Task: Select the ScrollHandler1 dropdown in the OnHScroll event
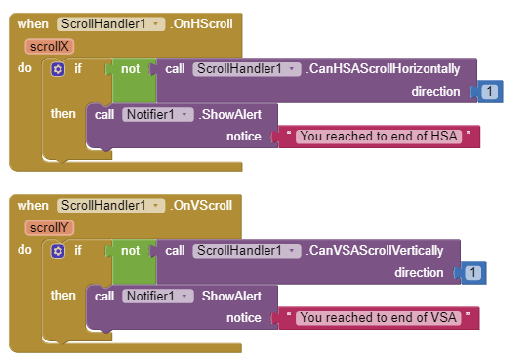pos(109,23)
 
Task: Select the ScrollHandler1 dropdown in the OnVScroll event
pos(109,205)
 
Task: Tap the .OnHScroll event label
pos(201,23)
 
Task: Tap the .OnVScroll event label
pos(201,205)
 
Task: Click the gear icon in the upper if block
pos(58,69)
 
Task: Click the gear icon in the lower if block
pos(58,251)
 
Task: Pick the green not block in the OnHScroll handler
pos(131,69)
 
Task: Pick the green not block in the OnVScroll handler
pos(131,251)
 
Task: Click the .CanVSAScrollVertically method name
pos(376,251)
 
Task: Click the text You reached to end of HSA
pos(379,136)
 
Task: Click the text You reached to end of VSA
pos(379,317)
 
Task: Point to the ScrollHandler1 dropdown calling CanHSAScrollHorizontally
pos(246,69)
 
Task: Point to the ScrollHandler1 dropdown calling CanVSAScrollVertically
pos(246,251)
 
